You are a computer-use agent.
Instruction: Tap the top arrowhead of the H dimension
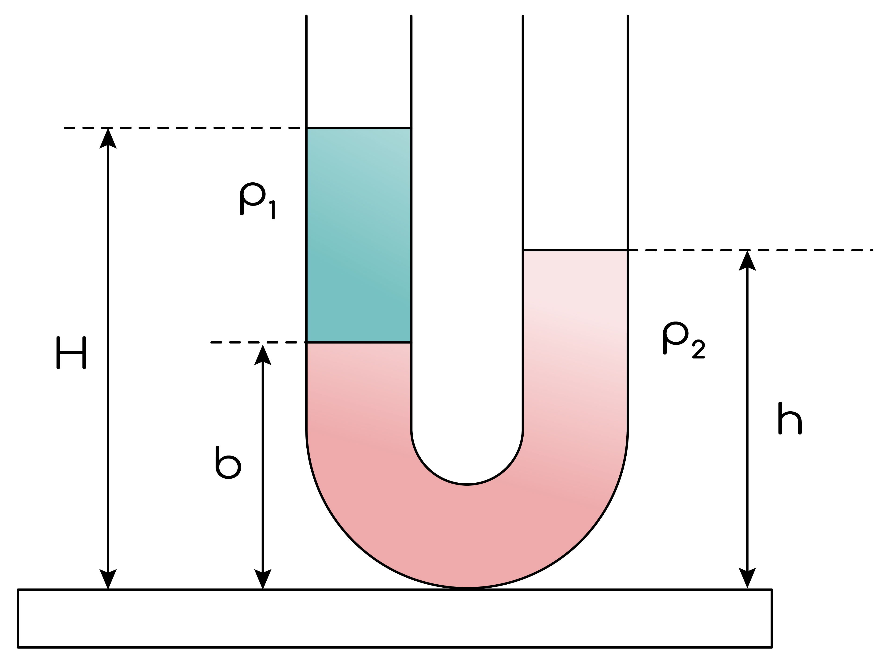(x=108, y=138)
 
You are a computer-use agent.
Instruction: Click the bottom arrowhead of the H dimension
(x=108, y=579)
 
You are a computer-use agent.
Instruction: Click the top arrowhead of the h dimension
(x=747, y=260)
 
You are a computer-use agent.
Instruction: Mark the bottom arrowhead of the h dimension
(x=747, y=578)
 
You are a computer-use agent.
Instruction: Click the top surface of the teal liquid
(x=358, y=128)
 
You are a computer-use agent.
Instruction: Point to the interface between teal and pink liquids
(x=358, y=342)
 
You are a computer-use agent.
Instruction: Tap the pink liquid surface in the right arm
(x=575, y=250)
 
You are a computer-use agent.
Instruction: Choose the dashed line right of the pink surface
(x=754, y=250)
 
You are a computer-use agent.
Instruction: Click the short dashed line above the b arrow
(x=258, y=342)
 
